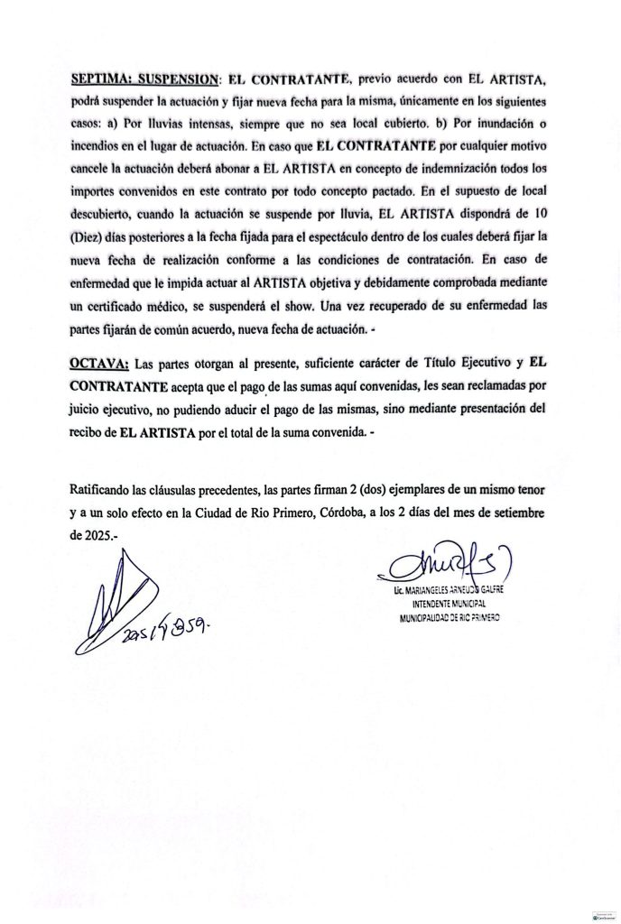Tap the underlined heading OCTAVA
click(97, 365)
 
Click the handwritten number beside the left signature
click(167, 627)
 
